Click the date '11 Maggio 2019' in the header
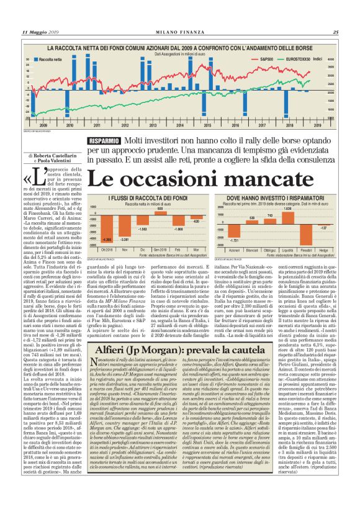pyautogui.click(x=42, y=32)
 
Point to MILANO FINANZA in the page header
pyautogui.click(x=180, y=32)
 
